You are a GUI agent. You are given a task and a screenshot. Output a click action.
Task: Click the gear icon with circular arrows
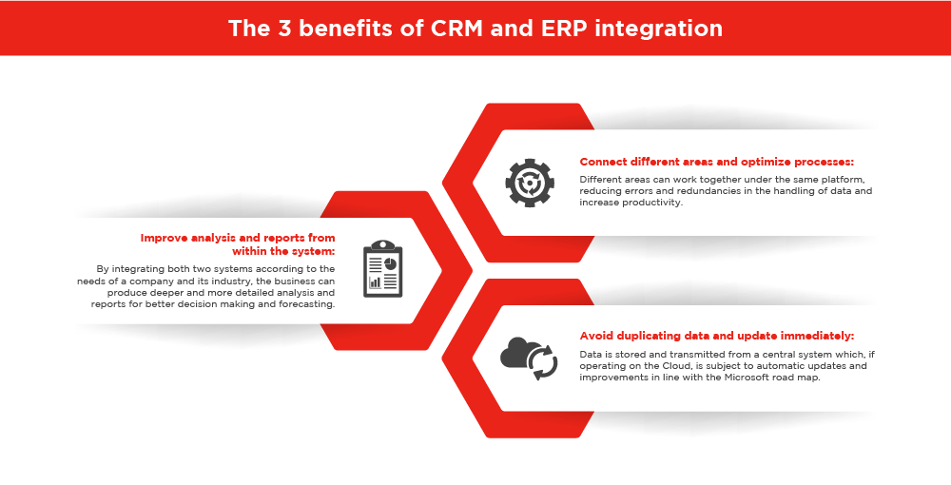click(530, 183)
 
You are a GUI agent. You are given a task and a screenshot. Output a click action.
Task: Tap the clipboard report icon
click(382, 268)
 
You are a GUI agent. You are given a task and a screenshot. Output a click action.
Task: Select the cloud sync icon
click(529, 359)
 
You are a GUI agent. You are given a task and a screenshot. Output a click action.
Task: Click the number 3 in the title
click(285, 28)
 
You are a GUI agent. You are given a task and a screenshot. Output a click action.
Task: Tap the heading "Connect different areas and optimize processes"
click(716, 162)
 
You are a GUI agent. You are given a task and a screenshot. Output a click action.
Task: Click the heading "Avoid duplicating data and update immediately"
click(716, 336)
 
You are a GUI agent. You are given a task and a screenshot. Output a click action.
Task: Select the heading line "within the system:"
click(283, 251)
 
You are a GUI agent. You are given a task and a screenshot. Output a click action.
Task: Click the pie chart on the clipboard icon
click(391, 263)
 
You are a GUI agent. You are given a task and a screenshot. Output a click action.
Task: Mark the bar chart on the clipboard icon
click(375, 281)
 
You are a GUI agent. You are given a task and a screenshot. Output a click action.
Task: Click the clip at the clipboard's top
click(382, 245)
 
